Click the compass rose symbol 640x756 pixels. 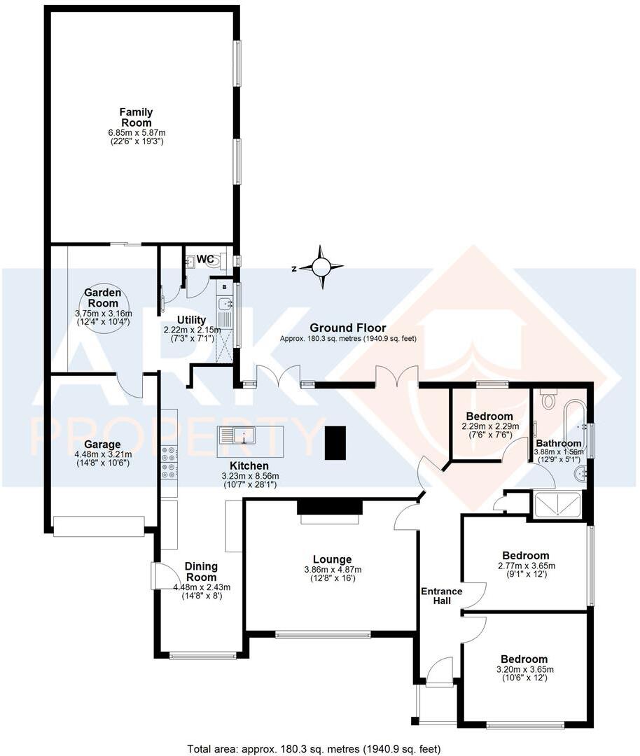coord(321,267)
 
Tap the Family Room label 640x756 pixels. coord(136,118)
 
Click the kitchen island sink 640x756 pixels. coord(242,435)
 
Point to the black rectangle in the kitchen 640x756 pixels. coord(335,442)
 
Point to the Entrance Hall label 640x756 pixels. coord(441,596)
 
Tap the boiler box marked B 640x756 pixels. coord(223,286)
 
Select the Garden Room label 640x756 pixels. coord(103,297)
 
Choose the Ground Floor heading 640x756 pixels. coord(348,327)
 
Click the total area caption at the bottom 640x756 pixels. coord(314,749)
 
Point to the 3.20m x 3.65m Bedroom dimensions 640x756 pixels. coord(523,669)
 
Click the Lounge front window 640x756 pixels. coord(323,635)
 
